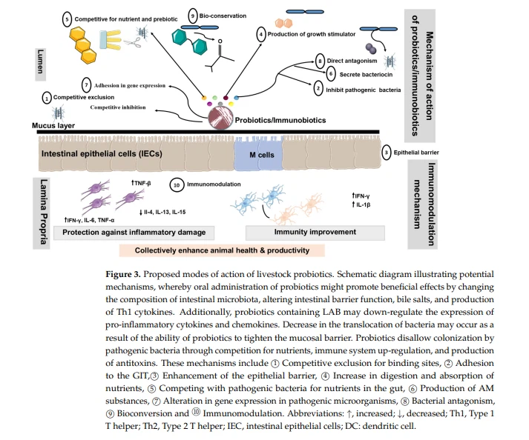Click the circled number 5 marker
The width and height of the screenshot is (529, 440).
click(68, 18)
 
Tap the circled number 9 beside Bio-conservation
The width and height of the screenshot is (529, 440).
click(193, 15)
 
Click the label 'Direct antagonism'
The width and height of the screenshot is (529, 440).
click(352, 61)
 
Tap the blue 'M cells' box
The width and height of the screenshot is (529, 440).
click(256, 154)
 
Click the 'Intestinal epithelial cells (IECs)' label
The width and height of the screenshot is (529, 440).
click(102, 154)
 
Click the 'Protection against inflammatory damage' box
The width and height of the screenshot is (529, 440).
click(134, 233)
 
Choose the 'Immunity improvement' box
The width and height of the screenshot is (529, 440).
click(315, 233)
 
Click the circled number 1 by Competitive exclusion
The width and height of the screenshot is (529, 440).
click(47, 97)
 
